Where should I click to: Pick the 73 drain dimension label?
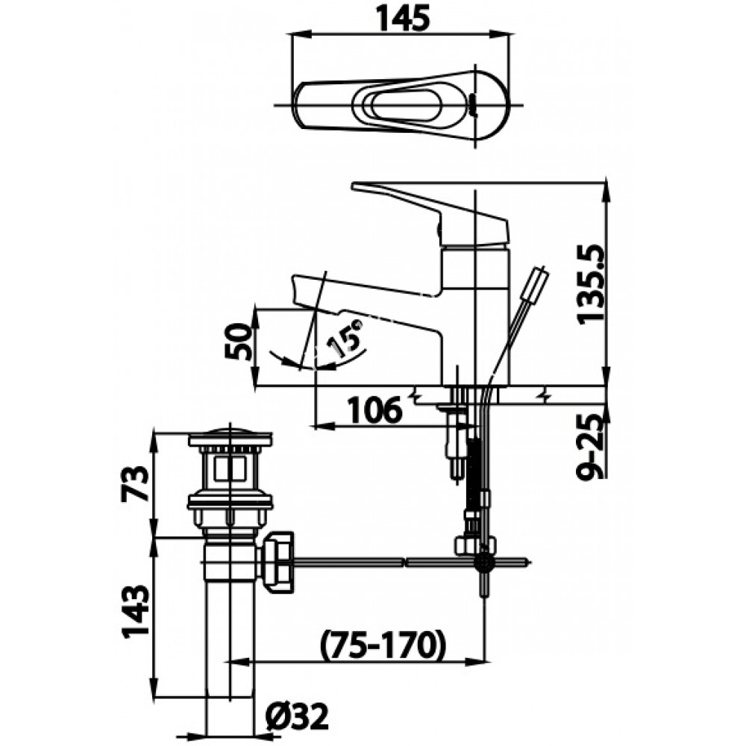click(135, 483)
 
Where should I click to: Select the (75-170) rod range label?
click(382, 643)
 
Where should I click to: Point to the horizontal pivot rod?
click(373, 559)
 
